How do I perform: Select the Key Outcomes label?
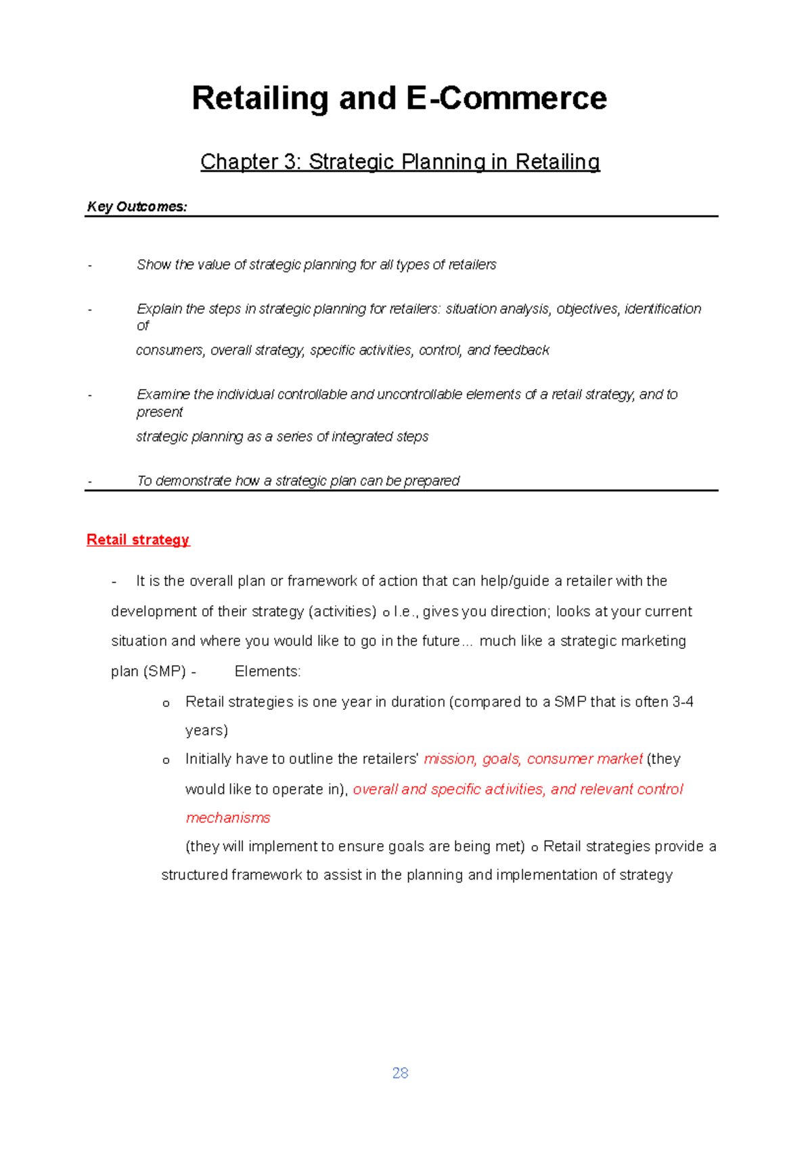tap(137, 206)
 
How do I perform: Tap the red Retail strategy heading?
tap(138, 539)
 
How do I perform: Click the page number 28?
tap(400, 1073)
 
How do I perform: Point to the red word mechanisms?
tap(228, 817)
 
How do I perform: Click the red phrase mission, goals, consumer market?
tap(533, 759)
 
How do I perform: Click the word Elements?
tap(267, 671)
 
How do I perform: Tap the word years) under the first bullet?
tap(206, 730)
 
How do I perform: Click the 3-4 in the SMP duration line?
tap(683, 702)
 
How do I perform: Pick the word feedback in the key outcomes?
tap(521, 350)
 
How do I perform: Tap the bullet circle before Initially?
tap(166, 761)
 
